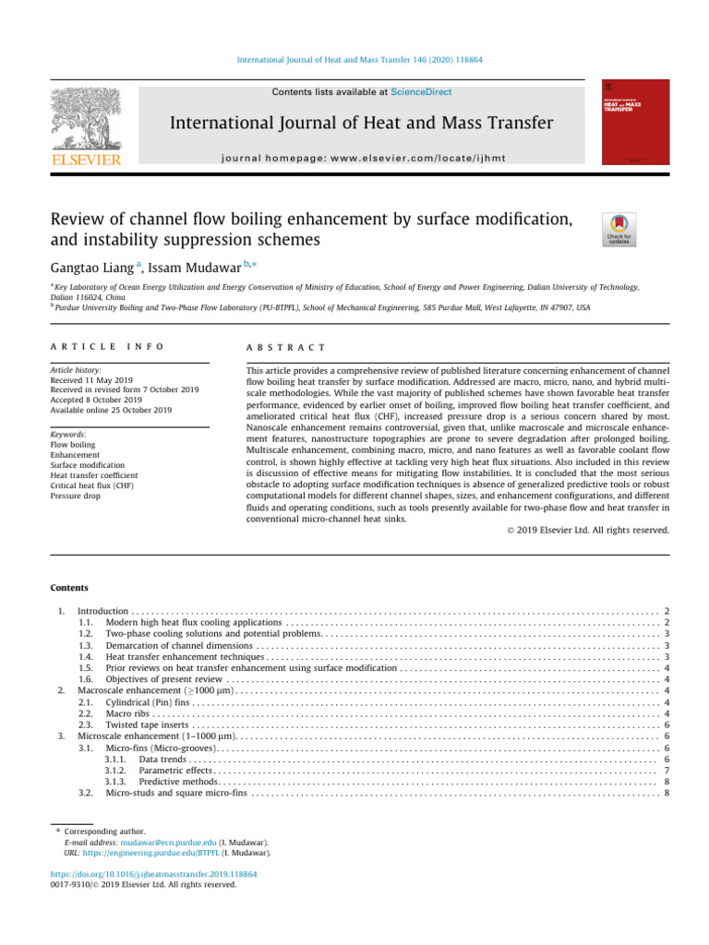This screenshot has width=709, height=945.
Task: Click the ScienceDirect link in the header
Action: (421, 92)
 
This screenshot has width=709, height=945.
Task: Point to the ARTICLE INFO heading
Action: (107, 347)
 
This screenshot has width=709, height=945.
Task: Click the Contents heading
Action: (70, 588)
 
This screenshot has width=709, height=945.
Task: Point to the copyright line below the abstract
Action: (588, 530)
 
